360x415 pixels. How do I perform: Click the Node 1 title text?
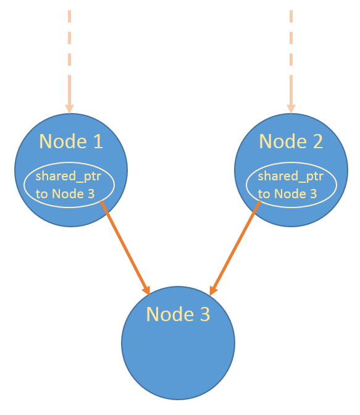click(71, 141)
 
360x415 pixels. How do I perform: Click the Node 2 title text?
click(291, 141)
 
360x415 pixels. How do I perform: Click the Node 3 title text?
click(178, 314)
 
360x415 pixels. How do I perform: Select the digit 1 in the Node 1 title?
click(98, 141)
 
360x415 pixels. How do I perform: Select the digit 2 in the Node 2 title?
click(318, 141)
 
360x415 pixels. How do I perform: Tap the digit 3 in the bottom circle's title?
click(205, 314)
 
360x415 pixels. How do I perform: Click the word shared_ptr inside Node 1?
click(69, 177)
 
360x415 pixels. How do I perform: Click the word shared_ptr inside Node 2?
click(291, 177)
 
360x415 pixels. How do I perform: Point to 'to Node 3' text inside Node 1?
click(65, 194)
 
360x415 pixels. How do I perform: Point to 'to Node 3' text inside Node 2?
click(288, 194)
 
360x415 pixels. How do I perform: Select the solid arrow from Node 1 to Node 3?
click(125, 248)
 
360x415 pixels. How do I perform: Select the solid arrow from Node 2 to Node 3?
click(235, 248)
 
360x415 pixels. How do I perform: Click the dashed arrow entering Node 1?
click(69, 62)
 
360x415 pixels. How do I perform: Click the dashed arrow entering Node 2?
click(291, 62)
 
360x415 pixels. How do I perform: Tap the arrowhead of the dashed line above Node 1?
click(69, 109)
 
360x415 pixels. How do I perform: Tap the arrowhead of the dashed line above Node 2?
click(291, 109)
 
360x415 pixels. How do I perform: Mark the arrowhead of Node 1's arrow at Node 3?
click(147, 291)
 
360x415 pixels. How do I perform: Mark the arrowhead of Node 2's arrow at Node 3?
click(213, 291)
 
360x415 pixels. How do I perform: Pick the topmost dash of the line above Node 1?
click(69, 16)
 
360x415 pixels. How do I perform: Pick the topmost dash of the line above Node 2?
click(291, 16)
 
